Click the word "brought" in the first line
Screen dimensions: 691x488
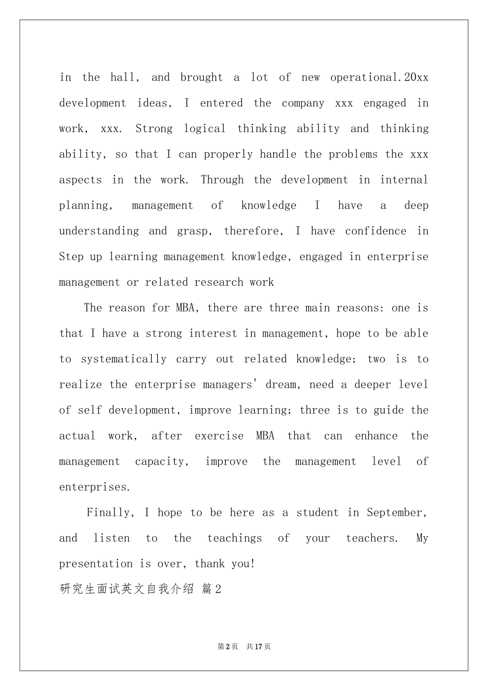(201, 78)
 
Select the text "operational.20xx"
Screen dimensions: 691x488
(379, 78)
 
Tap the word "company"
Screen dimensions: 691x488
(303, 103)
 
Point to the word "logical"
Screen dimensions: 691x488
(204, 129)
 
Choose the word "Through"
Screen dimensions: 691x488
(222, 180)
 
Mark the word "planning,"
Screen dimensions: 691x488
(86, 206)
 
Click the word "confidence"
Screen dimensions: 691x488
(376, 231)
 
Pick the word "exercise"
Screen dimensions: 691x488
(219, 436)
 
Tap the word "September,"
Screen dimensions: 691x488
(397, 513)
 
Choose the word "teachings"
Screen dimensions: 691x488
(235, 538)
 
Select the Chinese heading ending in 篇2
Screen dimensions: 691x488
(140, 589)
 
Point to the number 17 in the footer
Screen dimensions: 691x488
(258, 646)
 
